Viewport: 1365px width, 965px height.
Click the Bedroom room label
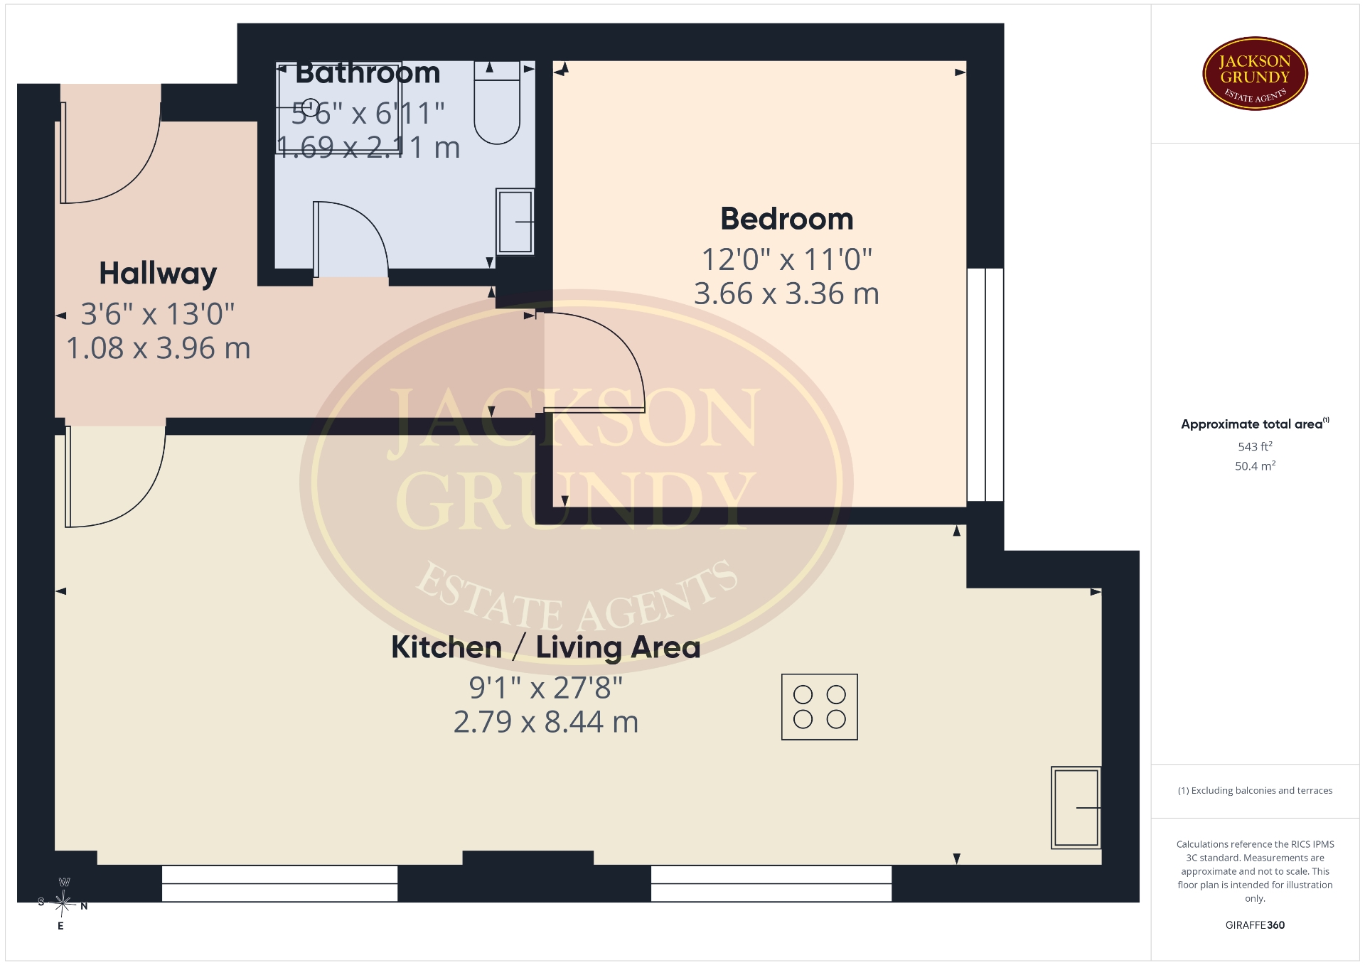[x=786, y=219]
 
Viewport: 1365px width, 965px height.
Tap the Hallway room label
[x=158, y=274]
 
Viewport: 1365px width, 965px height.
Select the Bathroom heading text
[x=368, y=72]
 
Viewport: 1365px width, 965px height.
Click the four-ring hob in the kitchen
[x=819, y=707]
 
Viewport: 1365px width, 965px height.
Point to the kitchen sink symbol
[x=1076, y=808]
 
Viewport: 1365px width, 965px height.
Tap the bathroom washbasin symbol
[x=515, y=221]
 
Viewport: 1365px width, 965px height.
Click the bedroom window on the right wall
[x=985, y=384]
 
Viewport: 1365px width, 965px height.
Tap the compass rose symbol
[x=63, y=904]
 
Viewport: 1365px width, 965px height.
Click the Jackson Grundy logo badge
[x=1255, y=74]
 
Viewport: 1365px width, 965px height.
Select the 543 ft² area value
[x=1255, y=446]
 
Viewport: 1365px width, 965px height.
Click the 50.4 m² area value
[x=1255, y=466]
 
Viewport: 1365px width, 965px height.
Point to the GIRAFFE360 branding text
[x=1255, y=925]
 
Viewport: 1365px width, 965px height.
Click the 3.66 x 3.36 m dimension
[x=786, y=293]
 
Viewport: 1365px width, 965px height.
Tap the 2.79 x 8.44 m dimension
[x=546, y=722]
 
